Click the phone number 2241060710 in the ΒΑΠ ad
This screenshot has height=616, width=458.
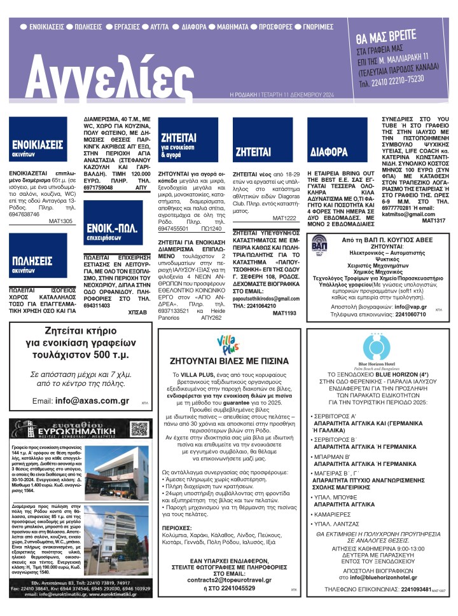point(401,314)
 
